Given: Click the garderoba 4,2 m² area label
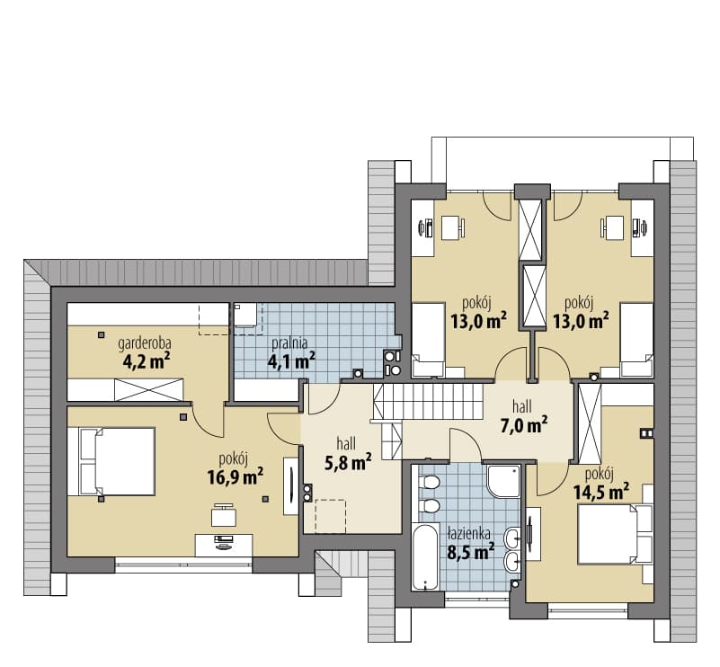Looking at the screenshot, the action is pos(145,353).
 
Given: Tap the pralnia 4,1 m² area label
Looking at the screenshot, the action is pos(291,353).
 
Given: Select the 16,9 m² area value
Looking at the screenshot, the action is pos(236,477).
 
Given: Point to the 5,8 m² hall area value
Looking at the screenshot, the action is pos(348,463).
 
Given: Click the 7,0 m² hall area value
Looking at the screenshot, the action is pos(523,425).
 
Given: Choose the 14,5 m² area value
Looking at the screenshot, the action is pos(600,492).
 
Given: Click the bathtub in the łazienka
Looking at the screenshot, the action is pos(426,556).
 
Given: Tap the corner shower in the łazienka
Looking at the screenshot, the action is pos(503,481).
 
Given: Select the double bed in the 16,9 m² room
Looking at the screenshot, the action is pos(111,461).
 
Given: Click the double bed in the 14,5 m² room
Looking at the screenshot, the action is pos(616,534).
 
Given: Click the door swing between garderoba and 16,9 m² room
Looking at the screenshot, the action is pos(209,420).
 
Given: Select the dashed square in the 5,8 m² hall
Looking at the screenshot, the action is pos(331,517).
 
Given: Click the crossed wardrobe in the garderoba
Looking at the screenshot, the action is pos(149,390).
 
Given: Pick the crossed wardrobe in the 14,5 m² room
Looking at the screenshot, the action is pos(590,423).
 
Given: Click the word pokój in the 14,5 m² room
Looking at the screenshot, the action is pos(600,473).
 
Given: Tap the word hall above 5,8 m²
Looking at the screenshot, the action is pos(347,444).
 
